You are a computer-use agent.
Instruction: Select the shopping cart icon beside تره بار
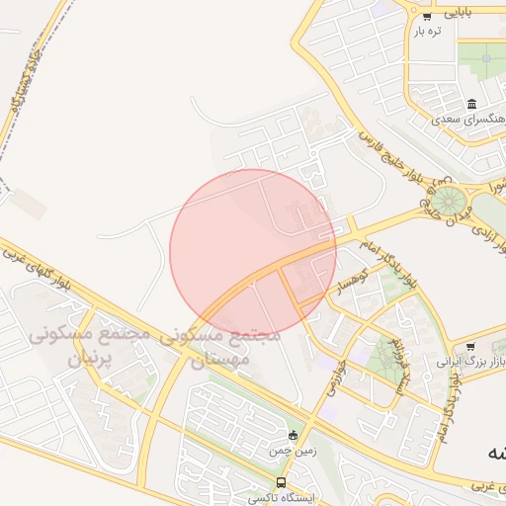(x=427, y=17)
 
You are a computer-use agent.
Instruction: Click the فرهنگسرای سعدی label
(x=469, y=119)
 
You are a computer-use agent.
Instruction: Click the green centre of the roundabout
(x=450, y=201)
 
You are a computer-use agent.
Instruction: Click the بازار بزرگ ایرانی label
(x=470, y=363)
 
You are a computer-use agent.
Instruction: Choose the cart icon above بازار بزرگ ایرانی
(x=470, y=347)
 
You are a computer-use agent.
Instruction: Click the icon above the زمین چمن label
(x=292, y=435)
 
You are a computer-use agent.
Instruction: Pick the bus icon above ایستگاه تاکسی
(x=282, y=483)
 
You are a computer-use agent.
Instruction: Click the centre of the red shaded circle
(x=253, y=252)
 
